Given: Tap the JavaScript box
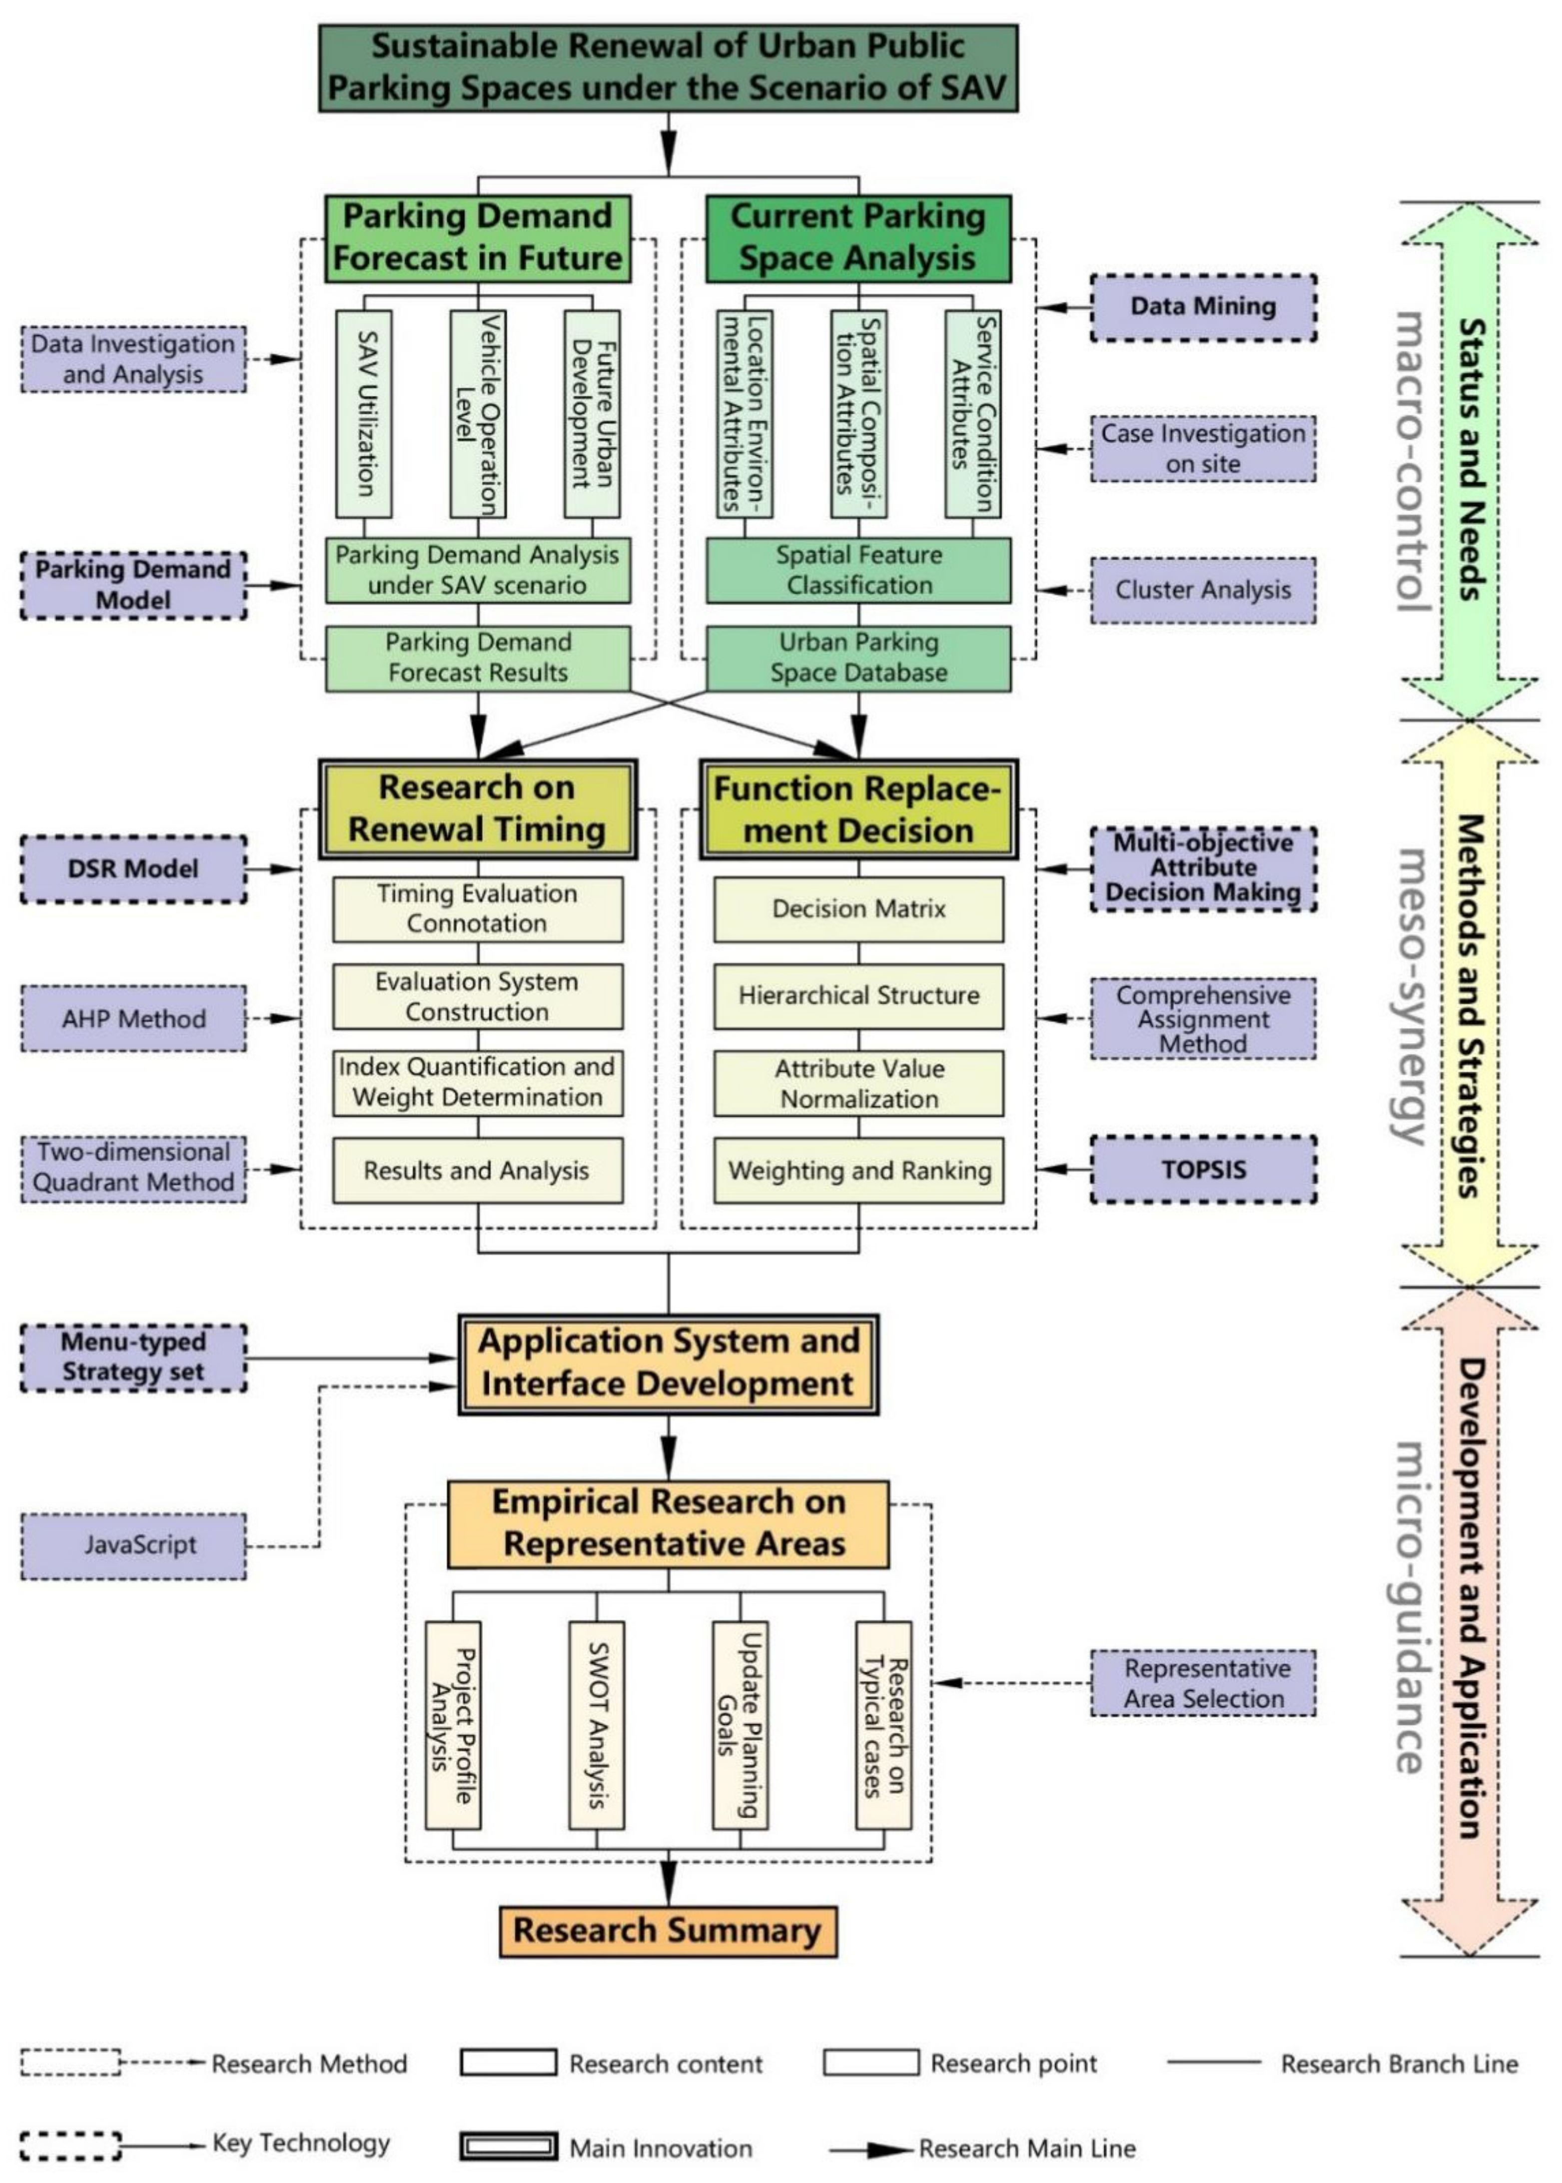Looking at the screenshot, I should pos(134,1545).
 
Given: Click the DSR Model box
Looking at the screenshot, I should pos(134,869).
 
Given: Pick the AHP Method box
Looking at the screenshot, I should pos(134,1018).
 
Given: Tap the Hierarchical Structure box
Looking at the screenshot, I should pos(858,996).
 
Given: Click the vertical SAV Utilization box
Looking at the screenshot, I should pos(364,414).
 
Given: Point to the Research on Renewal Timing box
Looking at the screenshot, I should pos(477,808).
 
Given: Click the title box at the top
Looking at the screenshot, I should pos(668,67).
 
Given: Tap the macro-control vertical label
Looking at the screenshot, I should pos(1410,462).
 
